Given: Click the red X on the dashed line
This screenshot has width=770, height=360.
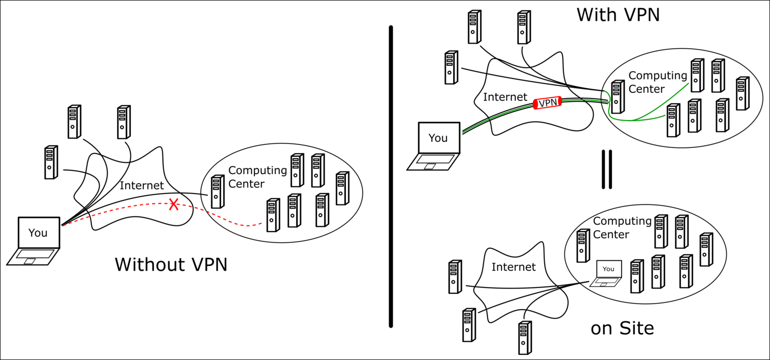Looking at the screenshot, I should pos(174,205).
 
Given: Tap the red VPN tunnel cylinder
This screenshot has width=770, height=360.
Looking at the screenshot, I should pos(548,103).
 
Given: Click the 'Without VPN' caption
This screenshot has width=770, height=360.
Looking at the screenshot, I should pos(171,264).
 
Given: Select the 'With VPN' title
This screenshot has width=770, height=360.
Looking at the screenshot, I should pos(618,14).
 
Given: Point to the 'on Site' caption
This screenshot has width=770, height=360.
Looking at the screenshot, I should pos(622,328).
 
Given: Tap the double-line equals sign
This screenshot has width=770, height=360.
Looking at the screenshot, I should pos(607,169).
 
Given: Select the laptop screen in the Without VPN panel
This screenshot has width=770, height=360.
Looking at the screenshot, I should pos(38,233).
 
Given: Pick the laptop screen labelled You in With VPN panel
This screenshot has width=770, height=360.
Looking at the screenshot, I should pos(438,138).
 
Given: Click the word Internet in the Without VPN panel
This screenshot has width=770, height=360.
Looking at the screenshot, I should pos(142,185).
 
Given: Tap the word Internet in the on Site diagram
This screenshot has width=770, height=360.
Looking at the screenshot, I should pos(513,267).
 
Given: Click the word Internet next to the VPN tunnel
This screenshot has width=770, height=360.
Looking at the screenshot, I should pos(505,97).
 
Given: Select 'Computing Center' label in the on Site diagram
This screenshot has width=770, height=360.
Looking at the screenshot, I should pos(622,228).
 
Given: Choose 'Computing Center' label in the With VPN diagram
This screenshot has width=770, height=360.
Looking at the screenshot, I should pos(657,82).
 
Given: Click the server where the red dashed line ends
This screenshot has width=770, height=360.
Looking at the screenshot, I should pos(273,215).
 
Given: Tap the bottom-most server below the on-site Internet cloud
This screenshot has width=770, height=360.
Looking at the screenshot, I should pos(524,337).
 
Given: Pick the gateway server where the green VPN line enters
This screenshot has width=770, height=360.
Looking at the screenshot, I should pos(618,96).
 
